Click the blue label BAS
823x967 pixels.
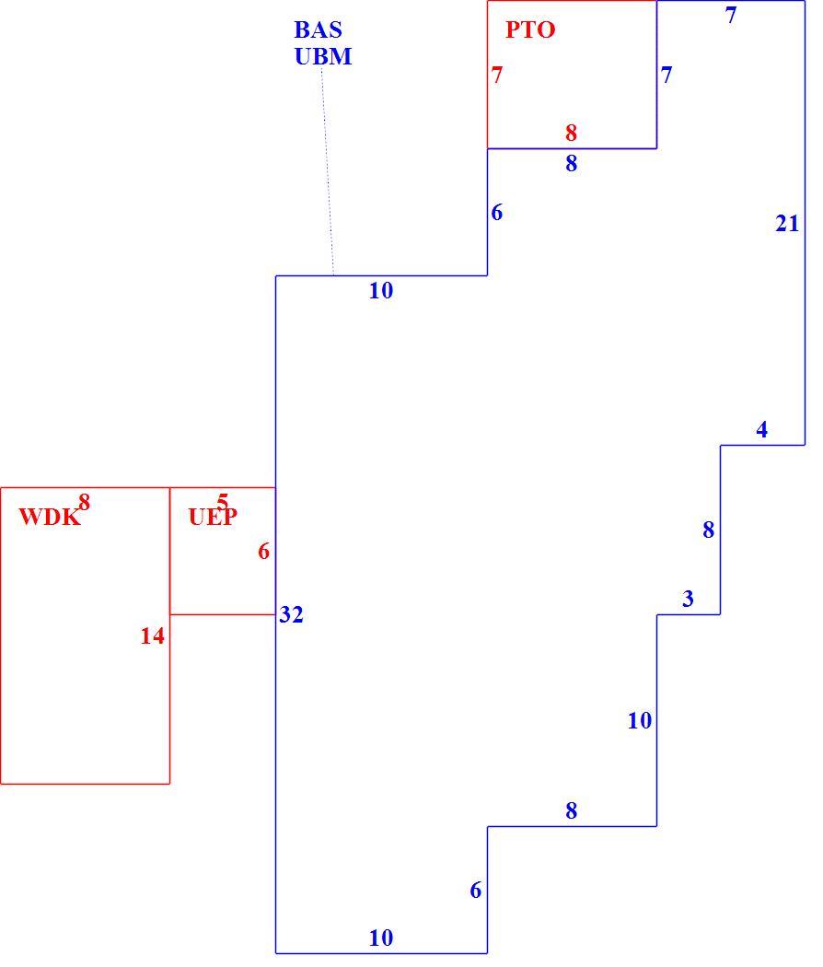[x=319, y=29]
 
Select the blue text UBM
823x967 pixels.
[x=323, y=56]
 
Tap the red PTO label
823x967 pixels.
[x=530, y=29]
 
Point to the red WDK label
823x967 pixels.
[x=50, y=517]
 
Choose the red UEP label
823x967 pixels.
[x=213, y=517]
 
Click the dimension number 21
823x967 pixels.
[x=787, y=223]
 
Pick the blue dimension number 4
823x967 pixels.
[x=762, y=429]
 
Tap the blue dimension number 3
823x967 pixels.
[x=688, y=599]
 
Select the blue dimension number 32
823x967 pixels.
[x=291, y=614]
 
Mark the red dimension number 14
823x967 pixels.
[x=152, y=635]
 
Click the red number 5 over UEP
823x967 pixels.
[x=223, y=501]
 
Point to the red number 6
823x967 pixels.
[x=264, y=551]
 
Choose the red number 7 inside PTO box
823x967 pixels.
[x=497, y=75]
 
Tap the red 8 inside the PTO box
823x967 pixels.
[x=572, y=133]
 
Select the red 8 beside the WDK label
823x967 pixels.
[x=85, y=503]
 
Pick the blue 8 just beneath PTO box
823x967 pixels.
[x=572, y=163]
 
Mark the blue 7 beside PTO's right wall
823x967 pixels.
[x=667, y=75]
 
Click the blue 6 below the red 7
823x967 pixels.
[x=497, y=212]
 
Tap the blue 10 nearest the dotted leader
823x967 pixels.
[x=381, y=290]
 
